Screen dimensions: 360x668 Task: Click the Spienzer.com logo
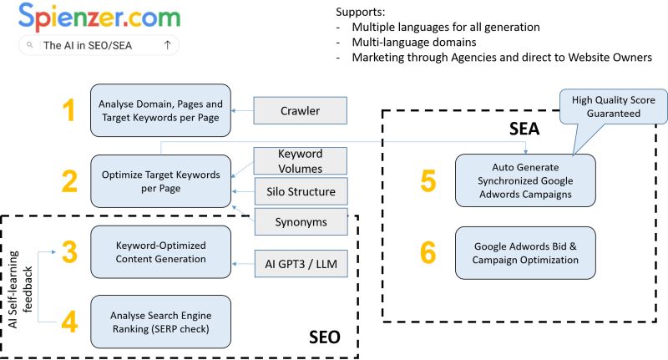[97, 18]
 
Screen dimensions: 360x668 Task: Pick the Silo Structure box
[299, 192]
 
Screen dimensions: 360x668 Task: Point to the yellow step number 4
[70, 321]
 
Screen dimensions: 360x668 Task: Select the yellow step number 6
[427, 253]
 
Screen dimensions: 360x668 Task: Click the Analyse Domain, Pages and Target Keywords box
[160, 110]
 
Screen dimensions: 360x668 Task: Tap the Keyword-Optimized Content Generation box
[160, 251]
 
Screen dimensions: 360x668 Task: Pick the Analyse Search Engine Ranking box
[160, 321]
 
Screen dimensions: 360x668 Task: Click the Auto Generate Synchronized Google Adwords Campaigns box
[525, 180]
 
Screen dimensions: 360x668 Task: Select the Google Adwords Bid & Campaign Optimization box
[525, 253]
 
